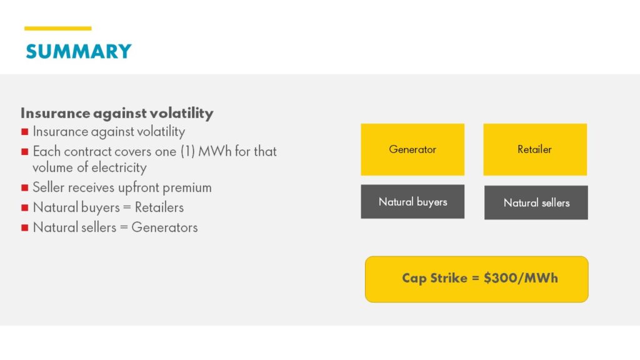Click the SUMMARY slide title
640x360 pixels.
(x=78, y=51)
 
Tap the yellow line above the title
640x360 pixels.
(x=57, y=28)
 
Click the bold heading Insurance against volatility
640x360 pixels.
(x=117, y=113)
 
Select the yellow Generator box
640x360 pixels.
(x=412, y=149)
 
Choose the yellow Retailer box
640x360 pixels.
(x=535, y=149)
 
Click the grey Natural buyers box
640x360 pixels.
(x=412, y=202)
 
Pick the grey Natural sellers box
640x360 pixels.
(x=536, y=202)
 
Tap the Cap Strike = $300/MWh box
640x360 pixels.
(x=476, y=279)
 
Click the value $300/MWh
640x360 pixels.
(x=521, y=278)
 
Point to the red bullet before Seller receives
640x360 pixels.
(x=24, y=187)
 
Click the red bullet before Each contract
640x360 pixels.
(x=24, y=151)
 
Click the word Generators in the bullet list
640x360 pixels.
(x=164, y=227)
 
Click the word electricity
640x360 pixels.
(x=117, y=167)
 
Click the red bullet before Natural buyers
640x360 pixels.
(x=24, y=207)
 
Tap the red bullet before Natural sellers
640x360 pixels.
(x=24, y=227)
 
